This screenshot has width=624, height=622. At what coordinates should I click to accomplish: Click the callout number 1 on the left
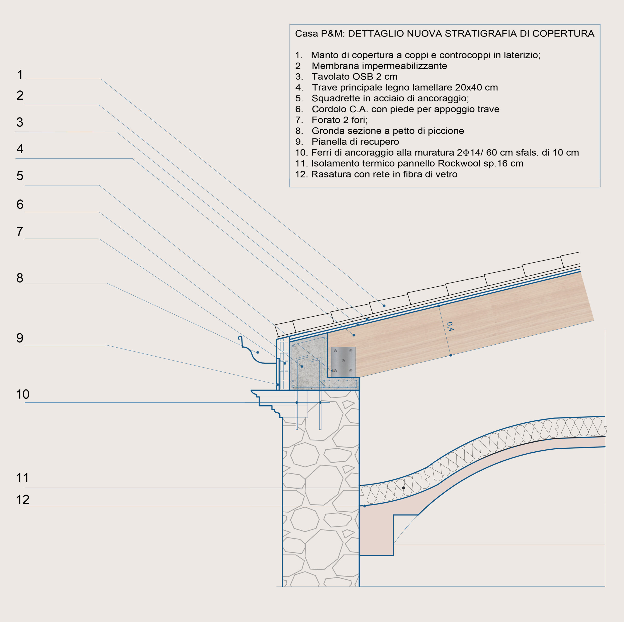[x=20, y=75]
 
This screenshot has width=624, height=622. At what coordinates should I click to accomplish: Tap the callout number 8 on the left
[x=20, y=278]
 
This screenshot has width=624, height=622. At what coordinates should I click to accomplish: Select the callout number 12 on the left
[x=23, y=500]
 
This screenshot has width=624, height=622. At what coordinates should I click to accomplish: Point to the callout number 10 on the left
[x=23, y=394]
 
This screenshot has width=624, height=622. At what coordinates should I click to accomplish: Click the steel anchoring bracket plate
[x=343, y=361]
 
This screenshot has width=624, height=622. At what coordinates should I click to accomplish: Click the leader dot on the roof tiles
[x=384, y=305]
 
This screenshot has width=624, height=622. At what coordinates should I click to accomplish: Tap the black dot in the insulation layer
[x=403, y=488]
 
